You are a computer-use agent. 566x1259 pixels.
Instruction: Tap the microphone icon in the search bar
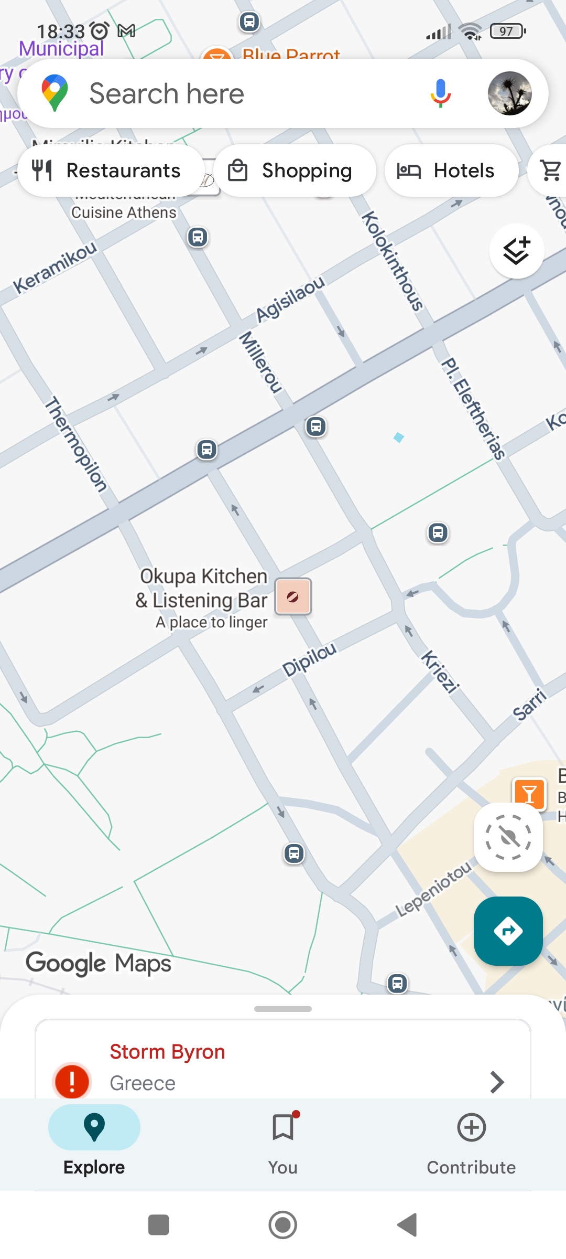click(441, 93)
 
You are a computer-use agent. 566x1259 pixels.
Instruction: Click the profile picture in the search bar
click(509, 93)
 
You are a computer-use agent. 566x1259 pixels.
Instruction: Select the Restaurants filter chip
click(111, 170)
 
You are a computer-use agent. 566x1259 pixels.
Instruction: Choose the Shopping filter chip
click(295, 170)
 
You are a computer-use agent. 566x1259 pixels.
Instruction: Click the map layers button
click(517, 251)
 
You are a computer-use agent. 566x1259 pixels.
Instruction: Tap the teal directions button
click(508, 931)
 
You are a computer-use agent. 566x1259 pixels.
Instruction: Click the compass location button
click(508, 837)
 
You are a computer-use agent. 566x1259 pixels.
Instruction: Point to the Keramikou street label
click(55, 267)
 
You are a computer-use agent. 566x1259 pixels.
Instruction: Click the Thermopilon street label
click(76, 444)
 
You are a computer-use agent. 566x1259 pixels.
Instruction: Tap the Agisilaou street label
click(290, 298)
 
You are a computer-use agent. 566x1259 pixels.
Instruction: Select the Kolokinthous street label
click(393, 261)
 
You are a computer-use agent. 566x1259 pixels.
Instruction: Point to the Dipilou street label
click(309, 659)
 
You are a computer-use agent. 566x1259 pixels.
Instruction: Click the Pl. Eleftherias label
click(473, 409)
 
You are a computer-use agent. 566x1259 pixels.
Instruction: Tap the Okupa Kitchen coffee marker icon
click(293, 596)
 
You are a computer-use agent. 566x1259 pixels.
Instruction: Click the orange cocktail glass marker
click(529, 794)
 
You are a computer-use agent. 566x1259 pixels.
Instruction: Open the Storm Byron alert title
click(167, 1052)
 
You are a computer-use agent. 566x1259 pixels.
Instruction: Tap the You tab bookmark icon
click(283, 1127)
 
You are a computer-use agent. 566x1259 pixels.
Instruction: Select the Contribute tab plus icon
click(471, 1127)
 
